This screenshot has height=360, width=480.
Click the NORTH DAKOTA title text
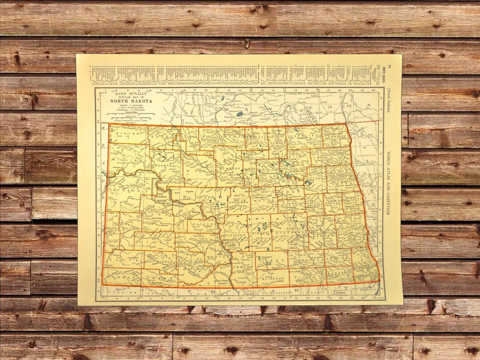[x=131, y=101]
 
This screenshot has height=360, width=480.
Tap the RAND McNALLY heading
[x=131, y=94]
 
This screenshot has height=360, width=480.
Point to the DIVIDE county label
[x=128, y=133]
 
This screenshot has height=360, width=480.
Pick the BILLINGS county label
[x=131, y=229]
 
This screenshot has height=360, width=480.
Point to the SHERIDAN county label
[x=238, y=200]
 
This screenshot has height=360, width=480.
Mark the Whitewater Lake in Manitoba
[x=240, y=114]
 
